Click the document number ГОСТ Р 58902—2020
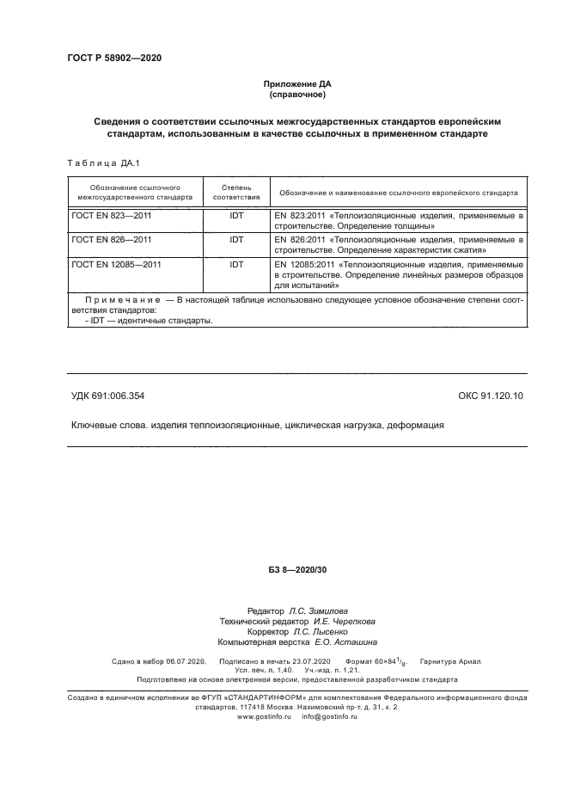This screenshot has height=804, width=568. [113, 58]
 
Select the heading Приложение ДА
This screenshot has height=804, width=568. [296, 84]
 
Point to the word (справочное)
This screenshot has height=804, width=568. [296, 95]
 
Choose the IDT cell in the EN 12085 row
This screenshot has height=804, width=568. [236, 265]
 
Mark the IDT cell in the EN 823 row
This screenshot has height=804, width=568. [236, 215]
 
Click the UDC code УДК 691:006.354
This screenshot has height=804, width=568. [107, 396]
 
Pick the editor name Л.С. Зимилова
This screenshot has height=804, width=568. [326, 611]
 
